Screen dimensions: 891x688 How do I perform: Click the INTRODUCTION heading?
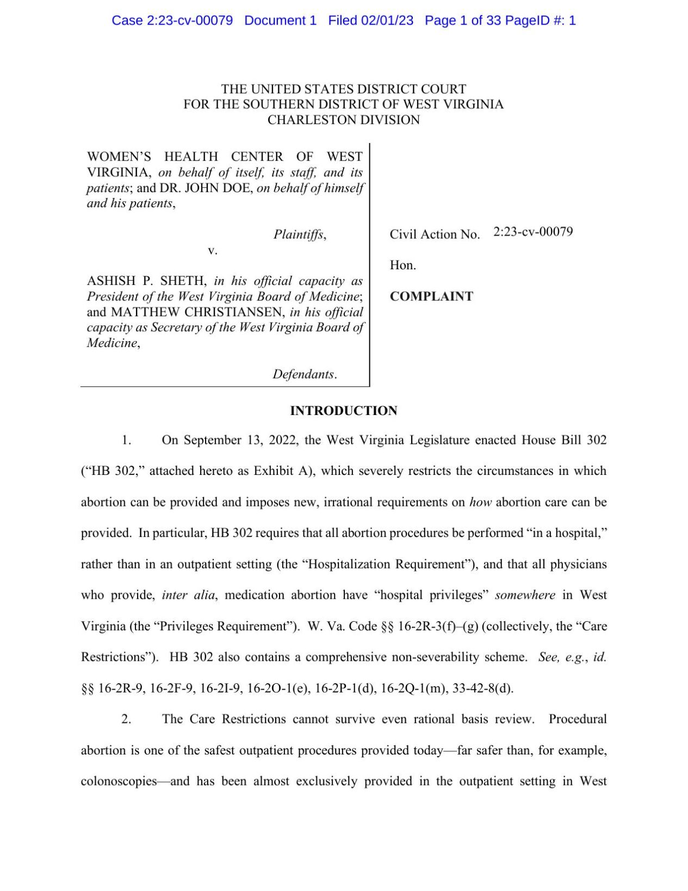343,411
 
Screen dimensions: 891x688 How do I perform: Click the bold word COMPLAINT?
431,296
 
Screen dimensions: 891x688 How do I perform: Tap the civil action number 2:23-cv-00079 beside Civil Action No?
532,232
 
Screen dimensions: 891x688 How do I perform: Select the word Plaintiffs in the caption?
299,234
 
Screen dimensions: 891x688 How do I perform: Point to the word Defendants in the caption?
303,374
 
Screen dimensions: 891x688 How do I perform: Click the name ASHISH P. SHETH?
146,281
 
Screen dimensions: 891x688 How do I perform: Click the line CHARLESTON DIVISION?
343,120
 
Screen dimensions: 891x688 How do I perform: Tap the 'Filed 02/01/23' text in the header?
370,21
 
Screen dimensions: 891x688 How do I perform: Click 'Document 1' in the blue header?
280,21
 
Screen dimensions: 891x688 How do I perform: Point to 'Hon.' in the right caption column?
402,265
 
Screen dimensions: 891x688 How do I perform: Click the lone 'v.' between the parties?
213,250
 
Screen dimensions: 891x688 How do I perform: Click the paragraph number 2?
126,719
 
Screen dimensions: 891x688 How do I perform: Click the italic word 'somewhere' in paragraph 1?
525,595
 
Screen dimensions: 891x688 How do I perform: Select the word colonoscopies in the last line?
119,782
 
